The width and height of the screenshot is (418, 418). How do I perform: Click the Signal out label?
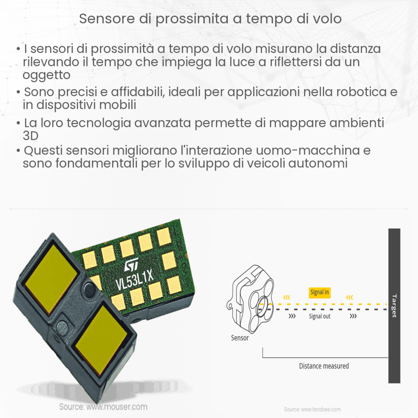coord(320,316)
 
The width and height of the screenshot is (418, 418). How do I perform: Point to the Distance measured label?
coord(324,366)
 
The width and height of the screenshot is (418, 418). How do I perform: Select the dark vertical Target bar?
coord(394,305)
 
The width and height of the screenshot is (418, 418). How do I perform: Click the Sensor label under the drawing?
coord(240,338)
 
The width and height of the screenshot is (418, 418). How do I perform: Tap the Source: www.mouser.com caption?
coord(103,407)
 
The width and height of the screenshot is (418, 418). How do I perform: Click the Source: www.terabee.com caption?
coord(312,409)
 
